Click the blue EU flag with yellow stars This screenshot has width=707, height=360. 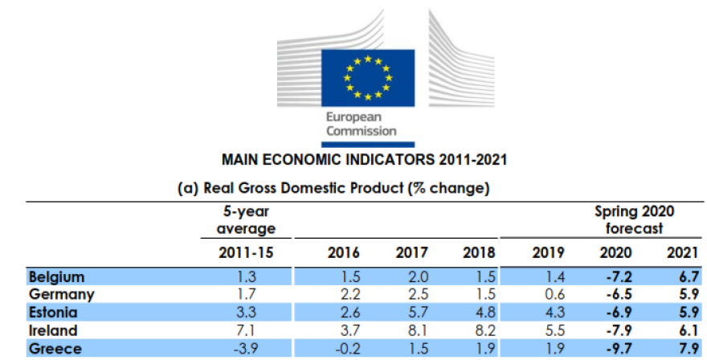click(x=368, y=78)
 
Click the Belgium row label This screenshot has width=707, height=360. click(x=57, y=276)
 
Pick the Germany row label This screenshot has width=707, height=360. click(x=62, y=294)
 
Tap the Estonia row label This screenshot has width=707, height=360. click(x=54, y=313)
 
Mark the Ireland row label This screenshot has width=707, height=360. click(x=53, y=330)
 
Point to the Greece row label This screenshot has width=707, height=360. click(x=56, y=348)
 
